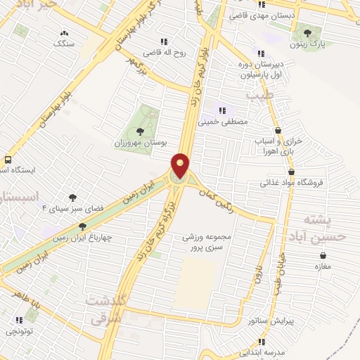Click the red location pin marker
[181, 166]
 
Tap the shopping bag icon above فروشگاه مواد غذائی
[290, 172]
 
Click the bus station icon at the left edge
[7, 160]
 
